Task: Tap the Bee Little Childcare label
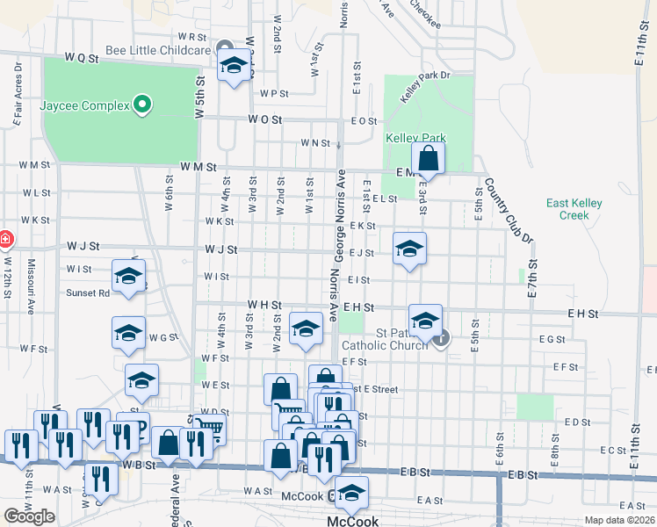pyautogui.click(x=158, y=50)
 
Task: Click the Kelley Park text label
pyautogui.click(x=416, y=138)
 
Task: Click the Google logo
pyautogui.click(x=29, y=516)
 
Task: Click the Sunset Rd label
pyautogui.click(x=89, y=293)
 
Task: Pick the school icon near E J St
pyautogui.click(x=409, y=249)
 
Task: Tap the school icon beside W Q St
pyautogui.click(x=234, y=66)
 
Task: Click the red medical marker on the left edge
pyautogui.click(x=4, y=239)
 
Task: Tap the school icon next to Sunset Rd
pyautogui.click(x=129, y=277)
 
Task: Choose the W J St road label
pyautogui.click(x=220, y=249)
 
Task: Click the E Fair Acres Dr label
pyautogui.click(x=17, y=91)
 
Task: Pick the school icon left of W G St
pyautogui.click(x=128, y=334)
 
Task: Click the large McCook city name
pyautogui.click(x=352, y=521)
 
